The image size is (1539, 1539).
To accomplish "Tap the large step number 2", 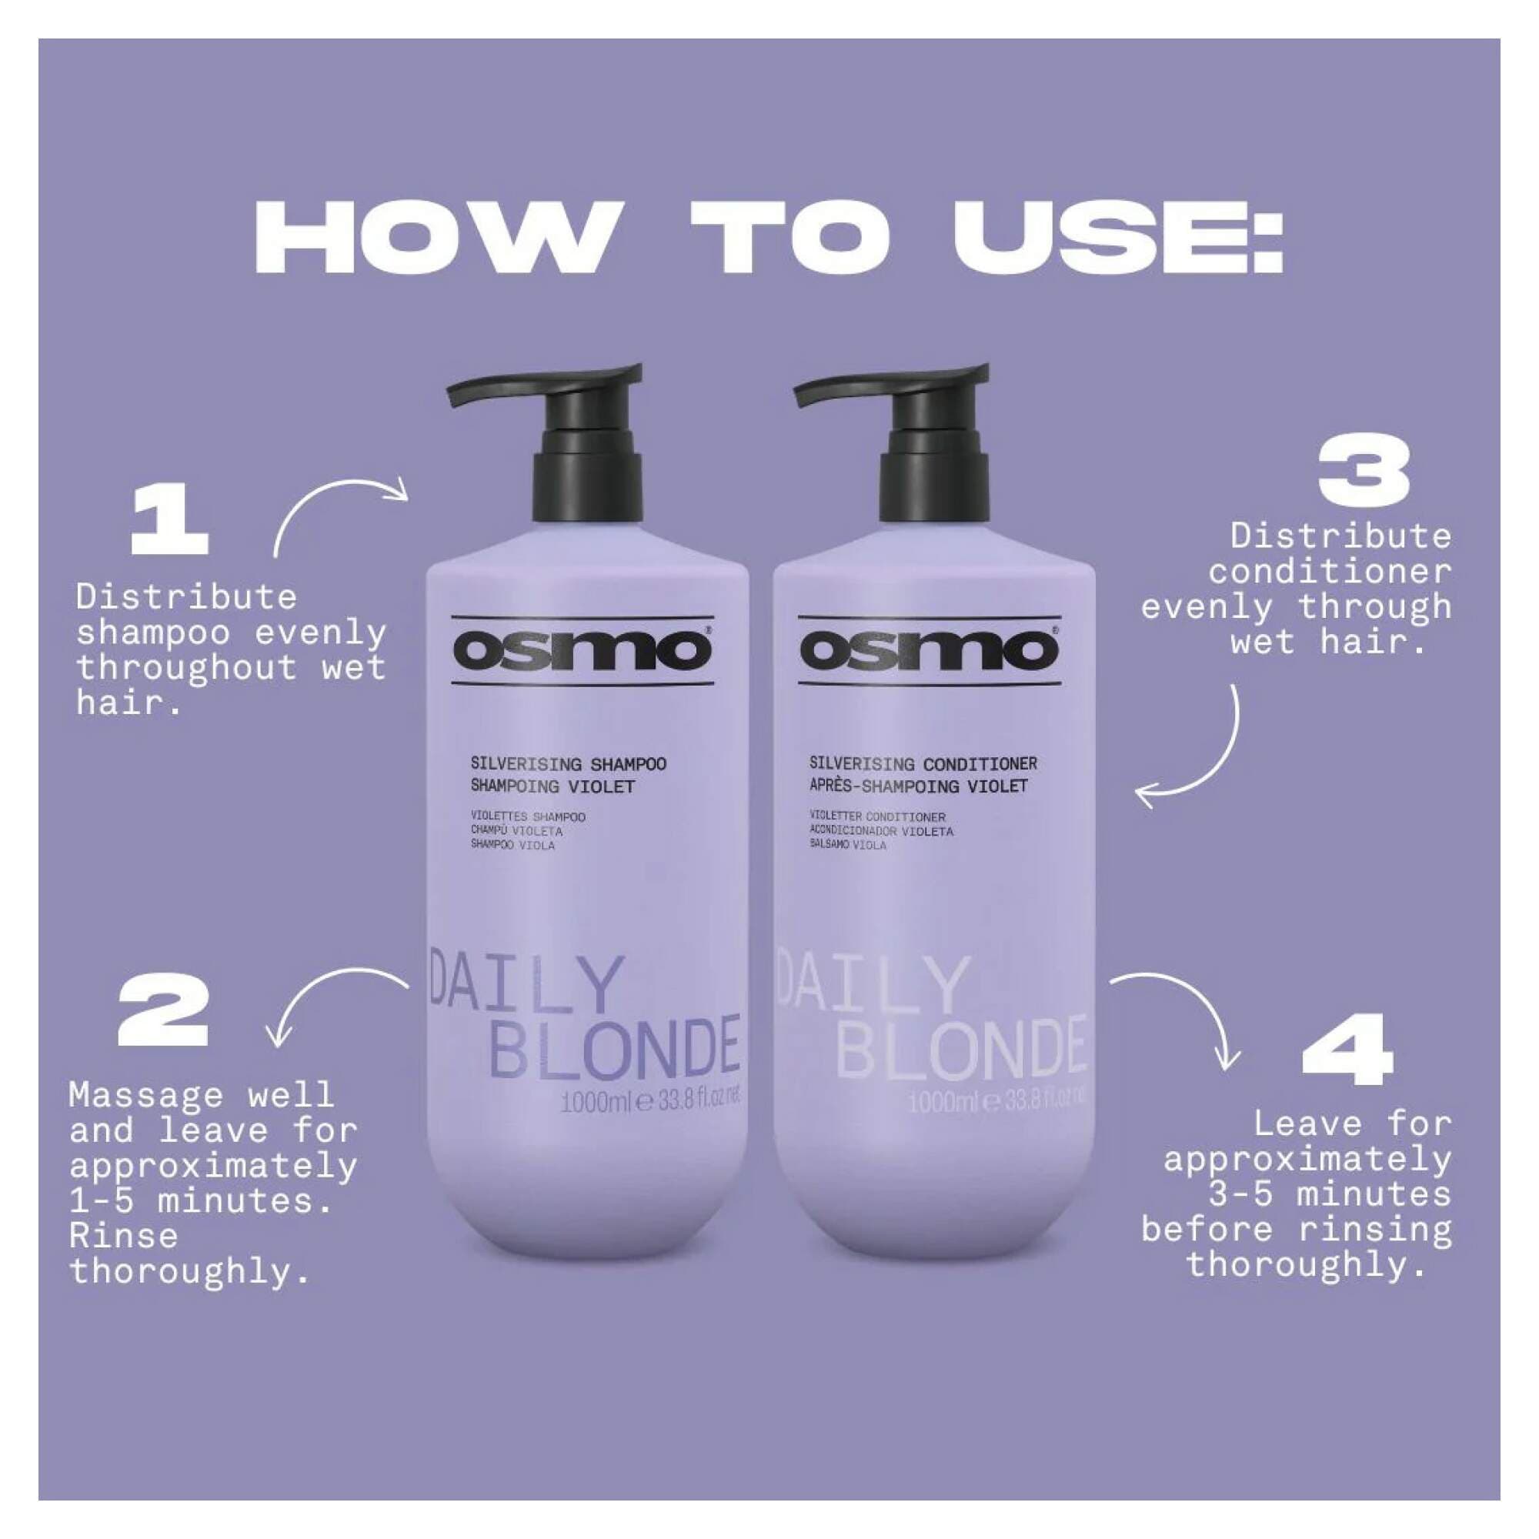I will pyautogui.click(x=163, y=1013).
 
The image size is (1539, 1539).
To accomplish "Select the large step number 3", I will pyautogui.click(x=1363, y=473).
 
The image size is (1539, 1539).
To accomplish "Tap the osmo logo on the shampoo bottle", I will pyautogui.click(x=583, y=651).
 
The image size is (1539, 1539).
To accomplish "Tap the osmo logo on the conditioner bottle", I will pyautogui.click(x=929, y=651).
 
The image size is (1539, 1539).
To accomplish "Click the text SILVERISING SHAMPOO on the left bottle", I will pyautogui.click(x=568, y=764).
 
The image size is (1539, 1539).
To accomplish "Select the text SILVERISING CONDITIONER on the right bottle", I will pyautogui.click(x=923, y=764).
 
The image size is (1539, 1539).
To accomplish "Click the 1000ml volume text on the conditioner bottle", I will pyautogui.click(x=938, y=1103).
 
